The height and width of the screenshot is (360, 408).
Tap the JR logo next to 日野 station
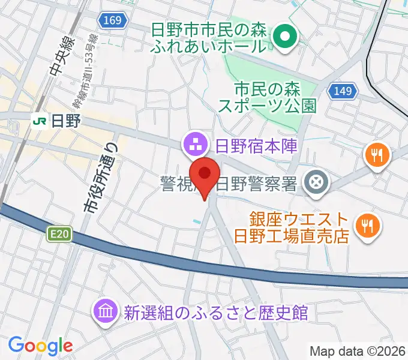[x=40, y=121]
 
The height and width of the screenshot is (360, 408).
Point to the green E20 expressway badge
[x=57, y=234]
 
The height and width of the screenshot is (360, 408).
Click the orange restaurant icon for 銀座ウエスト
[x=365, y=226]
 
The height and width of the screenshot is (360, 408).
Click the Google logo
[x=40, y=346]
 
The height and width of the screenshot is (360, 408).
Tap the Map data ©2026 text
[x=357, y=351]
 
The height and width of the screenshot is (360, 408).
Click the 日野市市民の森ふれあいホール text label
[x=208, y=37]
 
